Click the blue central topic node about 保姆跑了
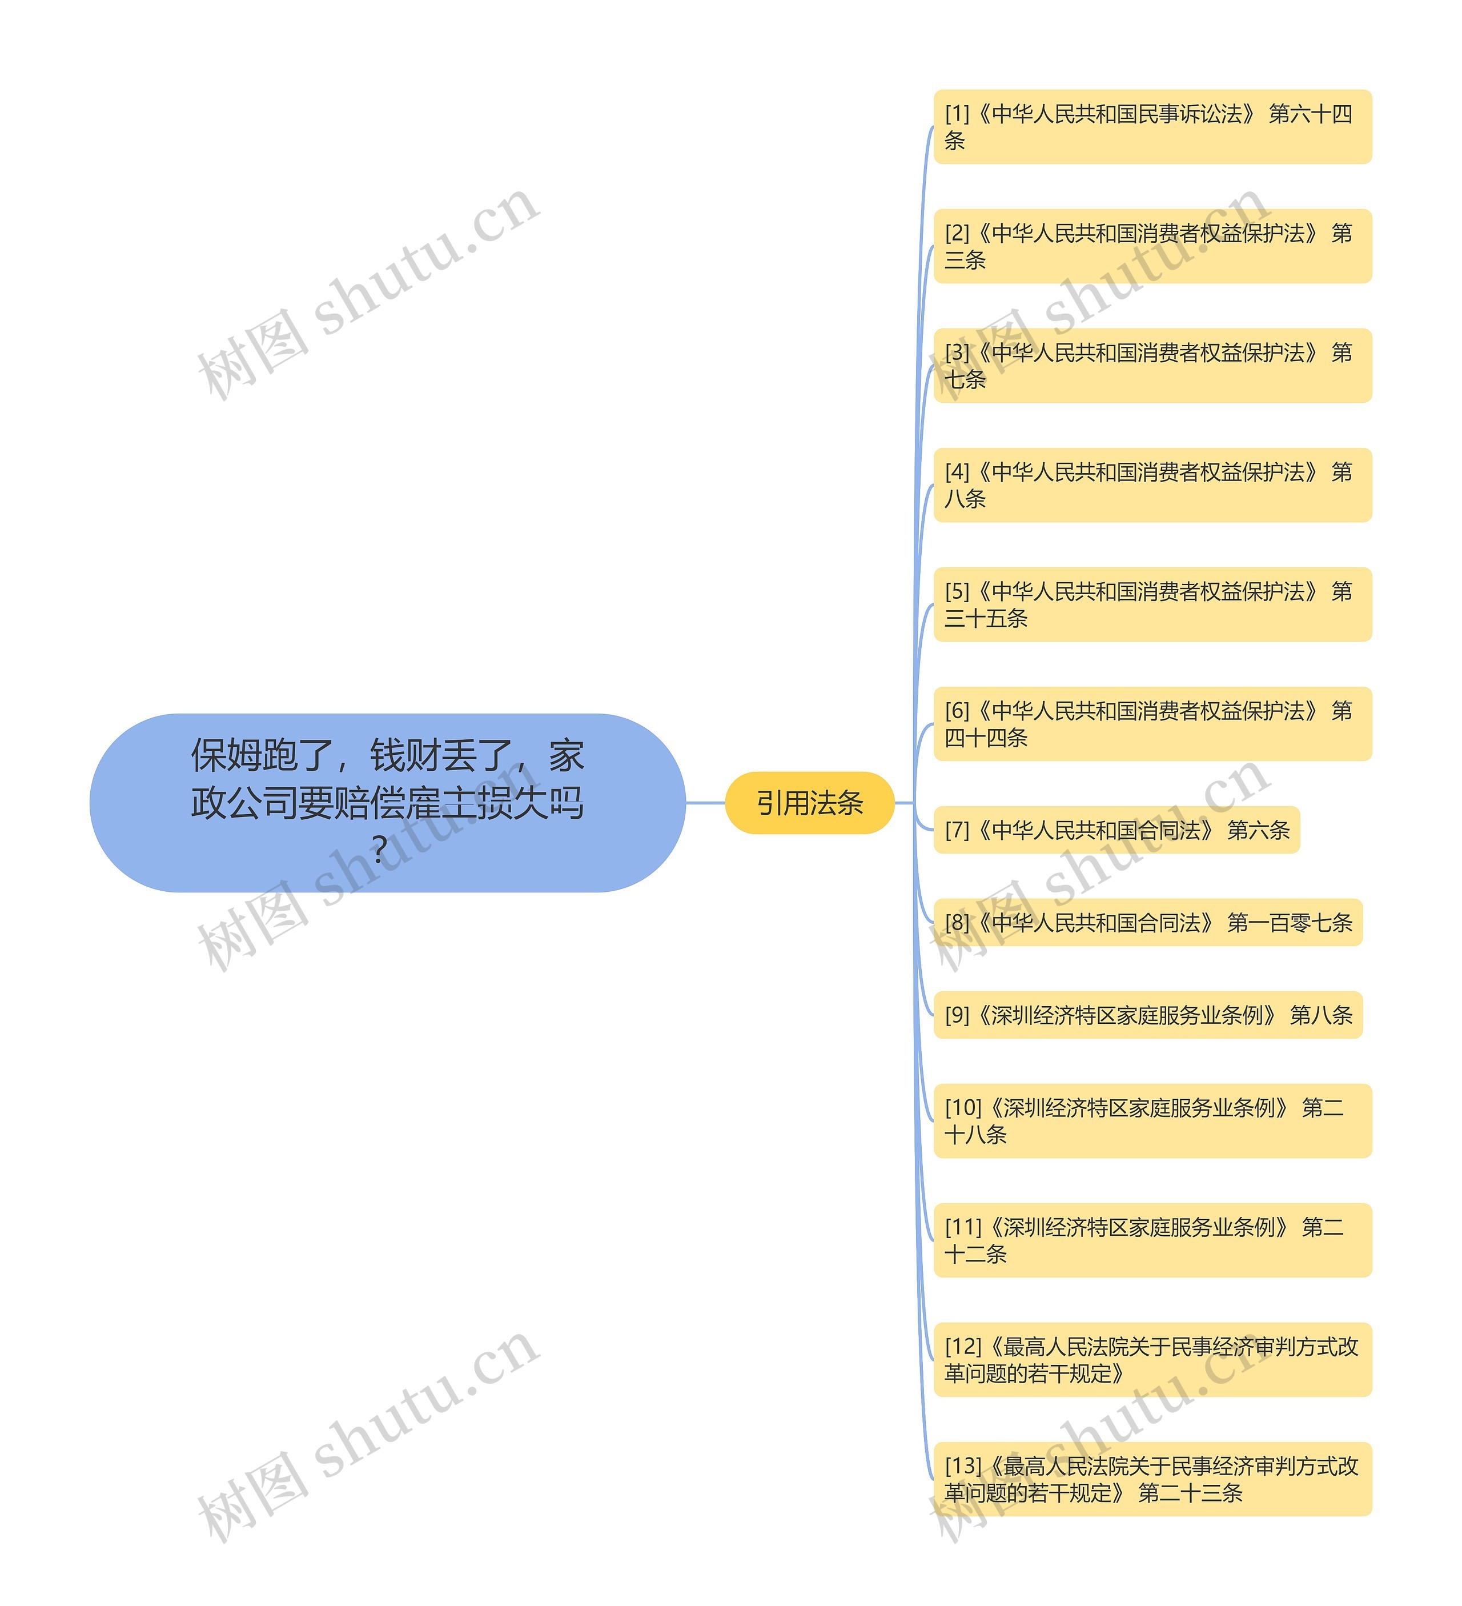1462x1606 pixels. coord(387,802)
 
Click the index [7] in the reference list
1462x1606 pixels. coord(957,831)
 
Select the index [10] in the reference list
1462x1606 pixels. coord(963,1108)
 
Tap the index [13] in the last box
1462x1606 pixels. coord(963,1467)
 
